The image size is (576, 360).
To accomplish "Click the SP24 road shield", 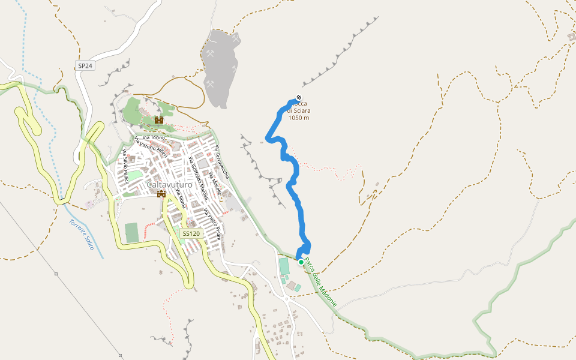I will [x=85, y=65].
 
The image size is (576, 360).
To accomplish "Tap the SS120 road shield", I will [x=191, y=233].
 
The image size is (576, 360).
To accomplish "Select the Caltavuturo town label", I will [x=170, y=185].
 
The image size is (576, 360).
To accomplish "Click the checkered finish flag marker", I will [x=299, y=99].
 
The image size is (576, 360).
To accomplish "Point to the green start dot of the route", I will [x=301, y=262].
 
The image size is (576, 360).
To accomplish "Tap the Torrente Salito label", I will [x=82, y=235].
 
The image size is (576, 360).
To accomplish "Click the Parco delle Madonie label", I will [x=320, y=282].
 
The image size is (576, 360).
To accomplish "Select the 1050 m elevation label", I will [x=299, y=118].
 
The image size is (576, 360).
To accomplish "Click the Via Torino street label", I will [x=154, y=138].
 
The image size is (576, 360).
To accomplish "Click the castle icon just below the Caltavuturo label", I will [x=161, y=194].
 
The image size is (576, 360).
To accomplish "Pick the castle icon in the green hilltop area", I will [x=159, y=120].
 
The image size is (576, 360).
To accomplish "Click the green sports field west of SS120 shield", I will [x=131, y=232].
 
